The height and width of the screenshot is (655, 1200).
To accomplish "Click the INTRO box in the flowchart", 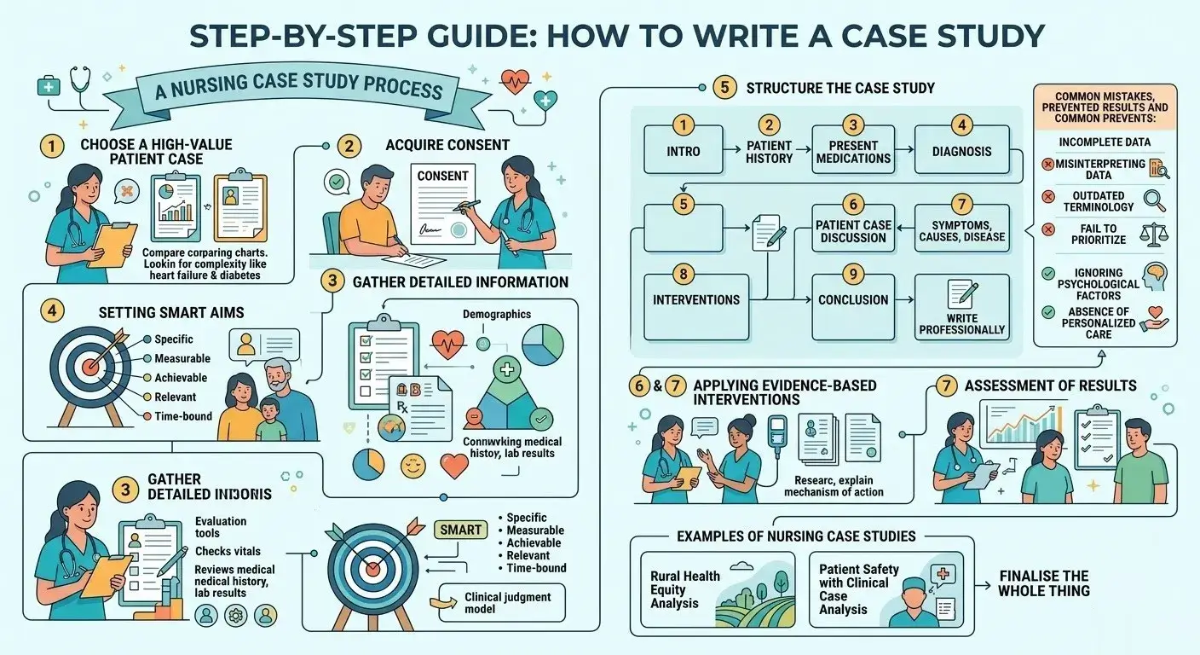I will pyautogui.click(x=682, y=152).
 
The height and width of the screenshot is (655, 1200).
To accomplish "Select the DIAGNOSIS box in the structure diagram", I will pyautogui.click(x=961, y=152).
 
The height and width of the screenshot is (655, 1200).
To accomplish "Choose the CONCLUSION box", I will pyautogui.click(x=853, y=300).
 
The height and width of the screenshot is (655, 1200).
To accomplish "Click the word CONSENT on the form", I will pyautogui.click(x=442, y=176).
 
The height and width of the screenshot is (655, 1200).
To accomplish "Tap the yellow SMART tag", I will pyautogui.click(x=461, y=530).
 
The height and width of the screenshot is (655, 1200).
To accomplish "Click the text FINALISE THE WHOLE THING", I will pyautogui.click(x=1043, y=583).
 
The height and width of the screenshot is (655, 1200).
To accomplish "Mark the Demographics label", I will pyautogui.click(x=496, y=314).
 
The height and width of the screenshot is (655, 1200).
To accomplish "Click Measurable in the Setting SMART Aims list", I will pyautogui.click(x=182, y=358).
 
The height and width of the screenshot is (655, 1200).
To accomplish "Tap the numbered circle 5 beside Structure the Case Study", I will pyautogui.click(x=724, y=87).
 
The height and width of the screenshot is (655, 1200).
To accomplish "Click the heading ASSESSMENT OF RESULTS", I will pyautogui.click(x=1050, y=385).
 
